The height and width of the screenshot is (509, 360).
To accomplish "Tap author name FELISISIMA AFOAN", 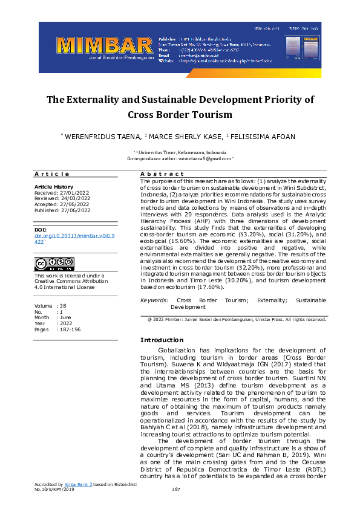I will (263, 137).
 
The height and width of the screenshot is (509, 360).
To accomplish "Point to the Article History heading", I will (54, 187).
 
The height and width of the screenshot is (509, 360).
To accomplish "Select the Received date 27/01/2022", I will (73, 193).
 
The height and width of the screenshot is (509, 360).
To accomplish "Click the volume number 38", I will (63, 306).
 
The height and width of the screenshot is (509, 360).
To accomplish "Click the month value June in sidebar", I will (66, 317).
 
